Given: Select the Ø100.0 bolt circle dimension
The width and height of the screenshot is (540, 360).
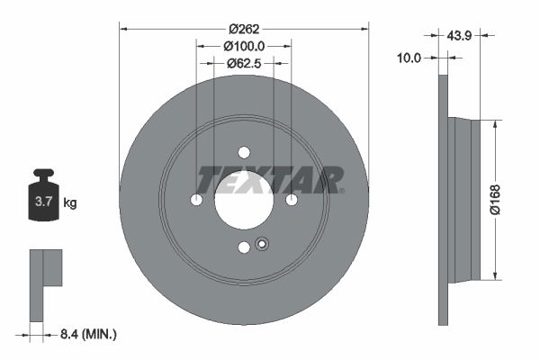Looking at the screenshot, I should coord(244,45).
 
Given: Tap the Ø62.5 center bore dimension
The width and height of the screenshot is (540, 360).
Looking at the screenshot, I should coord(244,63).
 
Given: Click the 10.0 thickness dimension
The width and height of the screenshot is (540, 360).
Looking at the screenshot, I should coord(409,58).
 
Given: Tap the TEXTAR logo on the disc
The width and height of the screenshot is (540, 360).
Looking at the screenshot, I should coord(270,179).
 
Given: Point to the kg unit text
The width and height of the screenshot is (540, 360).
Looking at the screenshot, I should coord(70,203).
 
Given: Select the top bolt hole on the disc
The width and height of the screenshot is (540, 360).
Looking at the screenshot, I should coord(243,154).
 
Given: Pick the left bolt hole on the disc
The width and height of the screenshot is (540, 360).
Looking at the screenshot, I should coord(196,201).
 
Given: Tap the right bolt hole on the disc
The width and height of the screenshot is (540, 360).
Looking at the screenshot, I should coord(291,201).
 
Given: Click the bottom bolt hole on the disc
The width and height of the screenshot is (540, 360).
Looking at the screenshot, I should coord(243,247).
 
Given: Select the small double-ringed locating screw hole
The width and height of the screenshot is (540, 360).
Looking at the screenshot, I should coord(262,242).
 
